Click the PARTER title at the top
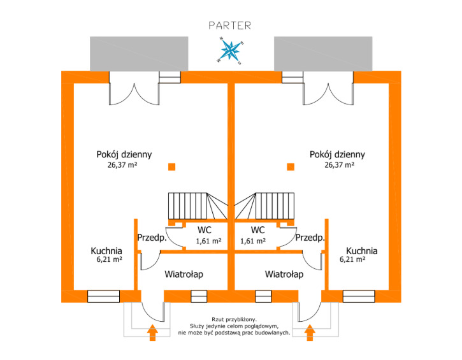[x=230, y=25]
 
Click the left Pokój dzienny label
[x=124, y=154]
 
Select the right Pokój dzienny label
[x=337, y=154]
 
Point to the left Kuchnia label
[x=106, y=250]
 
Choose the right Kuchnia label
[x=361, y=250]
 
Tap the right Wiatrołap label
[x=284, y=275]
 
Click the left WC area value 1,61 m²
[x=208, y=241]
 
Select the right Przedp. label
[x=311, y=238]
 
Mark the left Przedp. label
[x=152, y=238]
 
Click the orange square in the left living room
[x=171, y=167]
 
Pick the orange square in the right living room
[x=291, y=167]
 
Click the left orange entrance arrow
[x=152, y=332]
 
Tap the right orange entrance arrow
[x=310, y=332]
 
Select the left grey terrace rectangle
[x=140, y=53]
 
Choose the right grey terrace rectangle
[x=323, y=53]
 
